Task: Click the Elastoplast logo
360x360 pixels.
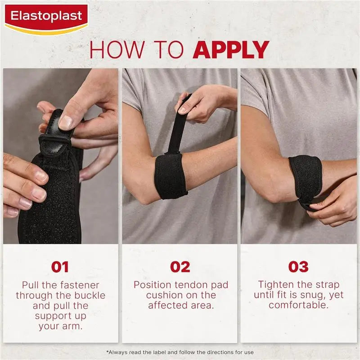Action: coord(46,18)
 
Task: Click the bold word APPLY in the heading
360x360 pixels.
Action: coord(231,49)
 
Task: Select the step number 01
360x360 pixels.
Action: coord(60,267)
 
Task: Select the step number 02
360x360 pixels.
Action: coord(180,267)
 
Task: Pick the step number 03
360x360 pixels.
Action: coord(298,267)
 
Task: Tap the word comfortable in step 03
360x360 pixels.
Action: coord(298,306)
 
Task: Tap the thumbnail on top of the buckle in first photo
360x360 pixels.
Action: coord(66,122)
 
